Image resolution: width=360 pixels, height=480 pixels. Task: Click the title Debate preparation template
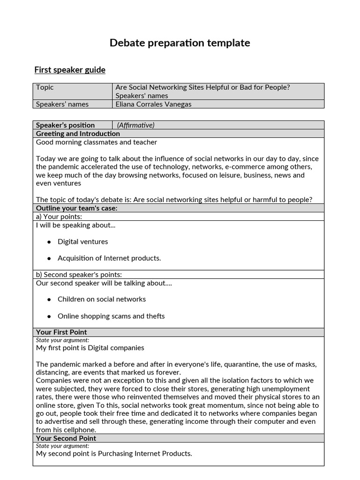click(x=180, y=43)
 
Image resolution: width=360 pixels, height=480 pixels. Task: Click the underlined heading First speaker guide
click(x=70, y=70)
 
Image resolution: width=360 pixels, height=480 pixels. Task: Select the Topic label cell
click(x=45, y=87)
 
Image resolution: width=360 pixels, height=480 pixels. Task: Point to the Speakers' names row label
click(x=62, y=104)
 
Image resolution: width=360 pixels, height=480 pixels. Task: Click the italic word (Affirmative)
click(x=135, y=125)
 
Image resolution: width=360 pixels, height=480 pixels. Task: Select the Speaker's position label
click(x=65, y=125)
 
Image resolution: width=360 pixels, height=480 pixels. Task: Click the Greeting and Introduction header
click(x=78, y=134)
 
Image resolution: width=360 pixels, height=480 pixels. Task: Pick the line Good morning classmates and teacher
click(x=97, y=142)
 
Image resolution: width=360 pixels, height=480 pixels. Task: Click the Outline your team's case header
click(x=76, y=208)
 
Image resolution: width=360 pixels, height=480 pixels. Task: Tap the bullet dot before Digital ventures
click(x=49, y=242)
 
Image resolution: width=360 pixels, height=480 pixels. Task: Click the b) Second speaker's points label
click(x=79, y=275)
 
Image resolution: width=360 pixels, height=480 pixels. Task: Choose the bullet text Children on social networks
click(x=102, y=299)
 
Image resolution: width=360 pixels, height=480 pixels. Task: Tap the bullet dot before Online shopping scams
click(x=49, y=316)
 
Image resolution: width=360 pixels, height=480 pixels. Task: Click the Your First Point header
click(x=61, y=332)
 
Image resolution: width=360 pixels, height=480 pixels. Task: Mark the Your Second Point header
click(x=66, y=438)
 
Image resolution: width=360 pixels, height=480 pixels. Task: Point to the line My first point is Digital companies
click(x=90, y=348)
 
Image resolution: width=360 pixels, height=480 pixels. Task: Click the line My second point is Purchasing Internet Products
click(x=114, y=453)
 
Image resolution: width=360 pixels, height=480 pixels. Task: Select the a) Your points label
click(x=59, y=217)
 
